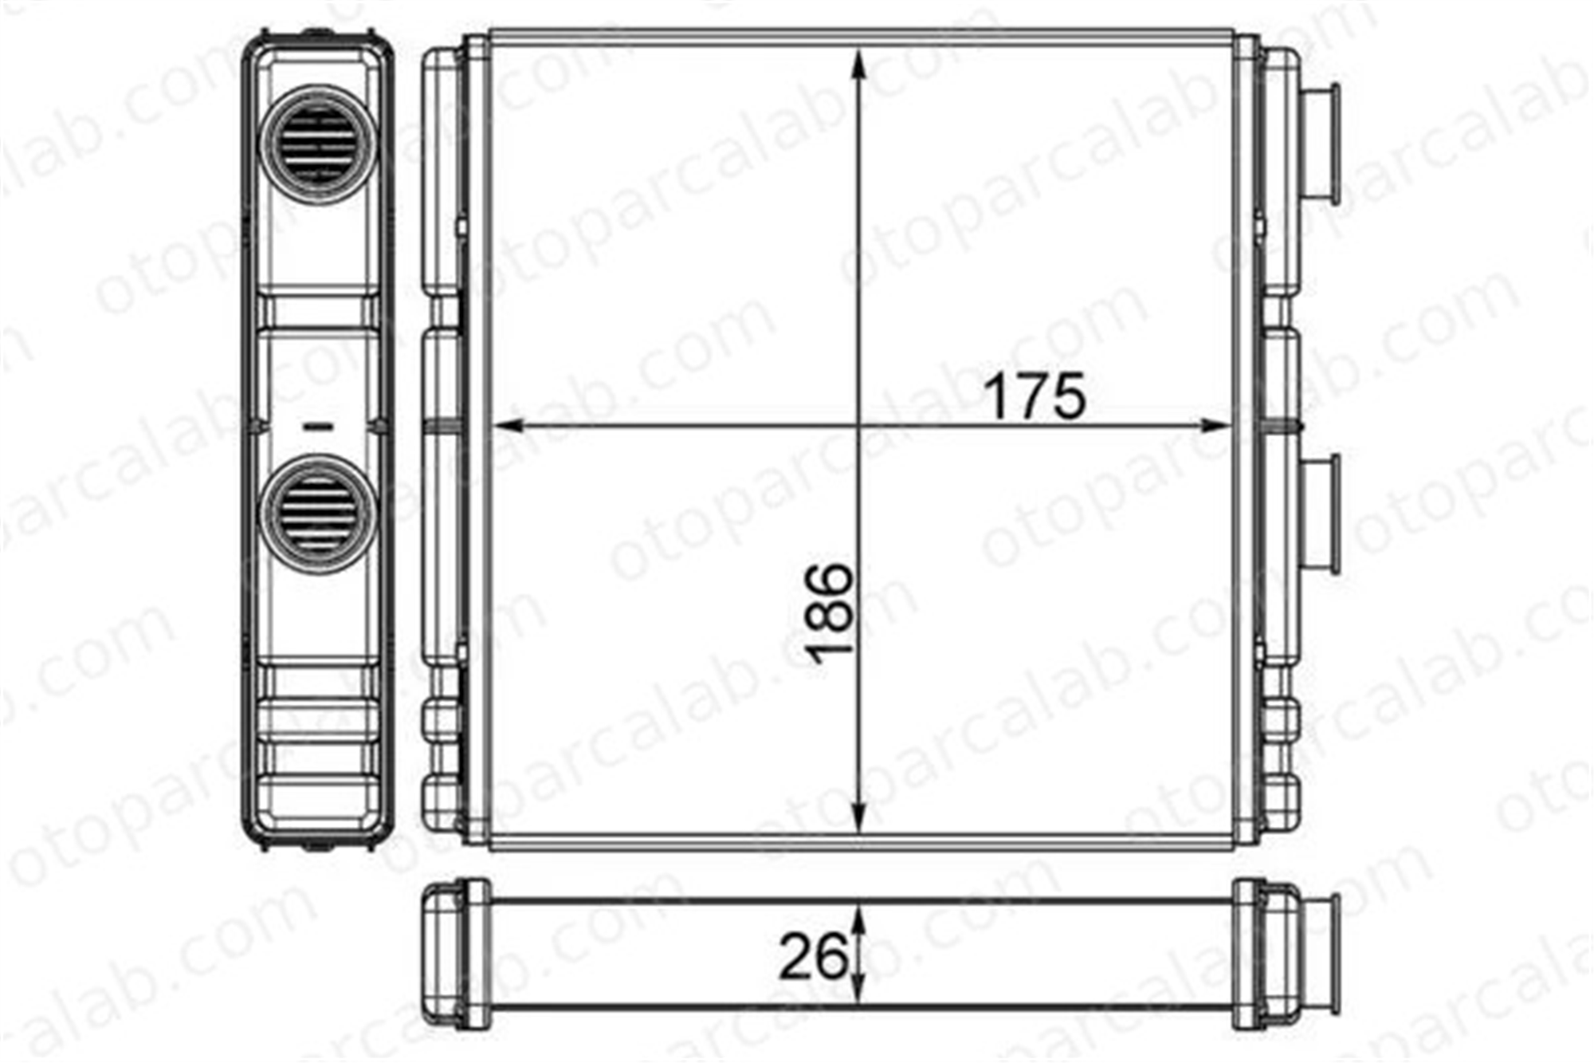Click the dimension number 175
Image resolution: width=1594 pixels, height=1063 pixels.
1035,396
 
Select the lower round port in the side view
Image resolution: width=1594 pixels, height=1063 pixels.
318,514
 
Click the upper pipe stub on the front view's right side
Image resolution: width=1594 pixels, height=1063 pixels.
1319,146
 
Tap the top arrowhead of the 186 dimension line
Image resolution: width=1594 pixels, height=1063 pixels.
858,63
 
